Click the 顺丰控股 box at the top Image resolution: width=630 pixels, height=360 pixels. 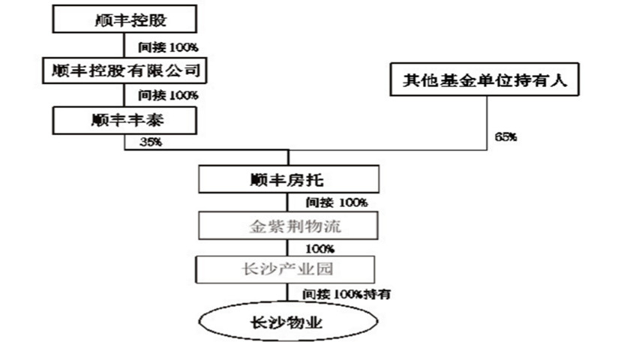coord(124,19)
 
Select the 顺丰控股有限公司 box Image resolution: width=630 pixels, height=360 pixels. coord(124,70)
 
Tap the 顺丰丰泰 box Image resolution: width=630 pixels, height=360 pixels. coord(124,119)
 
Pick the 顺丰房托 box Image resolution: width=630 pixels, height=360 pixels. coord(288,180)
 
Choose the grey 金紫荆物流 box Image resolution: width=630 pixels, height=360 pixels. coord(288,226)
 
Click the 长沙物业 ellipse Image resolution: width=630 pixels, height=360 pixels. coord(288,322)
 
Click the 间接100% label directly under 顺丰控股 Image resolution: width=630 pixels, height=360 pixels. coord(168,47)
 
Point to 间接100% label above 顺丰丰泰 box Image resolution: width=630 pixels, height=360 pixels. coord(168,95)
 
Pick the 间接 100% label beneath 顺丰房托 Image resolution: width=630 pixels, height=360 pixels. coord(337,202)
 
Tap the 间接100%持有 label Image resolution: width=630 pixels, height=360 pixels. coord(346,292)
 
